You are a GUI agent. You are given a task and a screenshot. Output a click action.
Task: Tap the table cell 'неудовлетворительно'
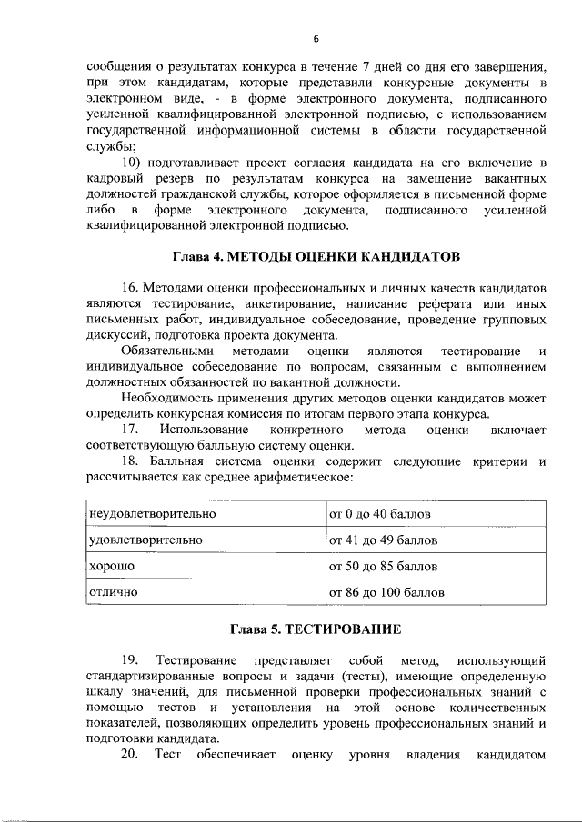click(152, 514)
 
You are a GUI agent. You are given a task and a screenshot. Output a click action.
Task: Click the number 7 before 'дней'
click(366, 67)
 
